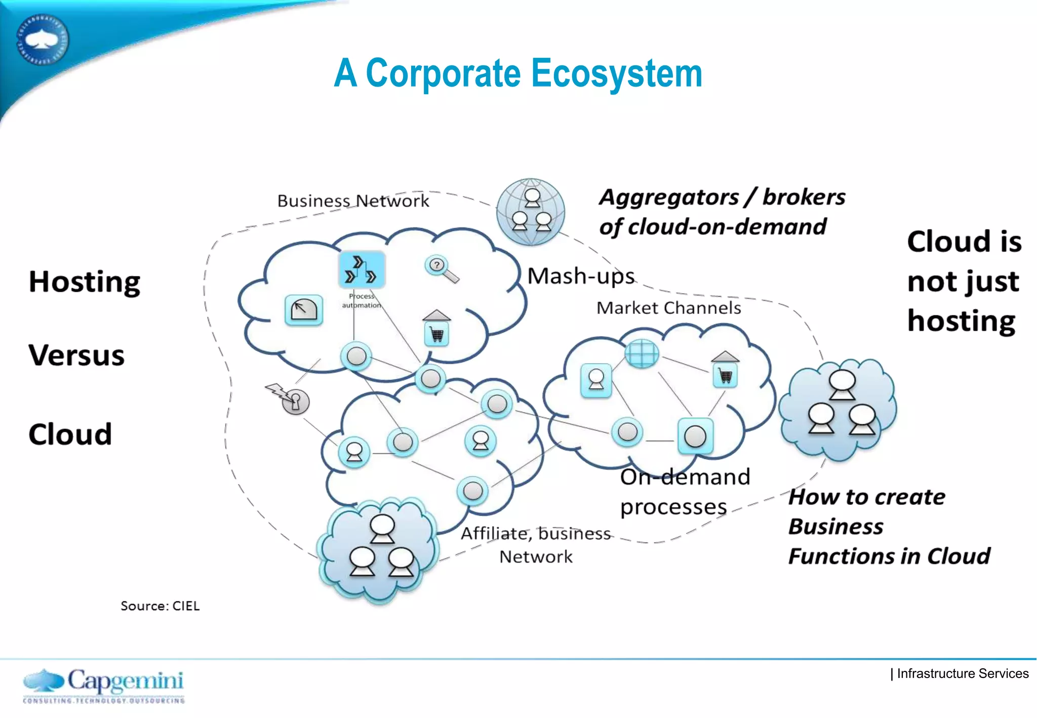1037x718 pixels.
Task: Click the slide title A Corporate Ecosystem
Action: coord(517,73)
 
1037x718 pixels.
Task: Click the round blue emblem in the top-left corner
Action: coord(42,40)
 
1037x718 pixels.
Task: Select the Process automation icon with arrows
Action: coord(362,269)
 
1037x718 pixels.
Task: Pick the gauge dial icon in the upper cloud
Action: coord(304,310)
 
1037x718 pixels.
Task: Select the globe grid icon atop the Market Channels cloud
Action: coord(642,352)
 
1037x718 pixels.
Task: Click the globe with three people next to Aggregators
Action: coord(531,212)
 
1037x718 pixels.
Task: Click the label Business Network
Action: coord(353,201)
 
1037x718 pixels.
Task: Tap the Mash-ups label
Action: coord(581,276)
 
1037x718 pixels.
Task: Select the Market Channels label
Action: coord(668,308)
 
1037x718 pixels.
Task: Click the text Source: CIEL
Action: coord(160,606)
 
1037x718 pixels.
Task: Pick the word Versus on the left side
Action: coord(76,355)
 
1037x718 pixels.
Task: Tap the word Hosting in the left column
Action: coord(85,282)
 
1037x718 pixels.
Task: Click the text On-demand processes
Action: coord(685,491)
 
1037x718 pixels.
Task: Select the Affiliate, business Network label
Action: coord(536,545)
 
